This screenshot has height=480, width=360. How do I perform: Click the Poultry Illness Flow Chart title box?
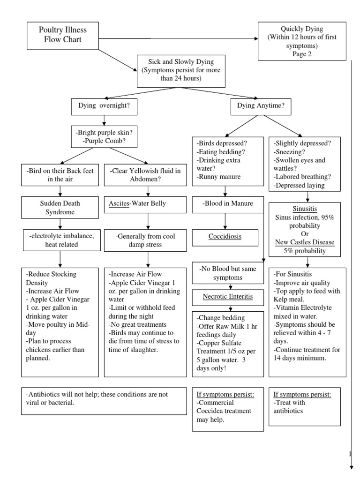click(63, 35)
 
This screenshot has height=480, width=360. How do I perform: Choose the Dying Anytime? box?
click(261, 106)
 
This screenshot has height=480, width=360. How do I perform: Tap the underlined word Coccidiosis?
click(225, 236)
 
